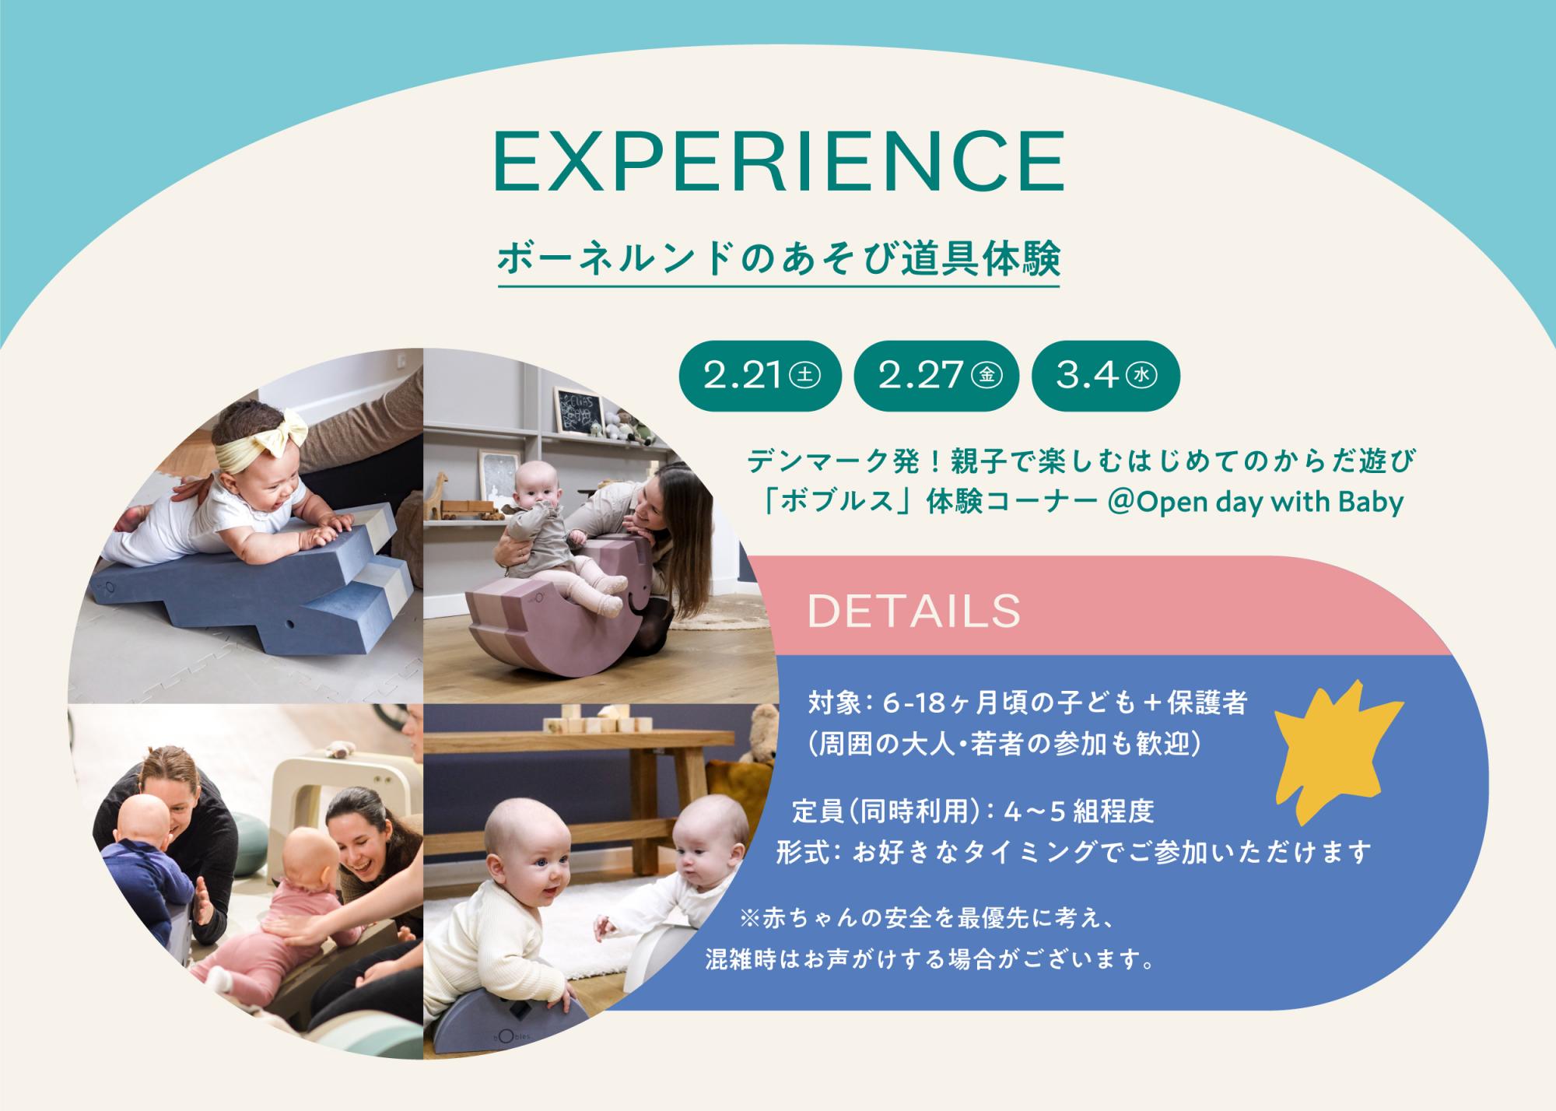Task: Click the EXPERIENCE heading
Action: pos(779,162)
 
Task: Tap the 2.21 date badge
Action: pos(752,377)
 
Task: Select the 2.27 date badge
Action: pos(936,377)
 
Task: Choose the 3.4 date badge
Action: pos(1106,377)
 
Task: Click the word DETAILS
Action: pos(914,612)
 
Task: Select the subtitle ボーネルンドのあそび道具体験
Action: pos(779,260)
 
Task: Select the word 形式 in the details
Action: pos(802,853)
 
